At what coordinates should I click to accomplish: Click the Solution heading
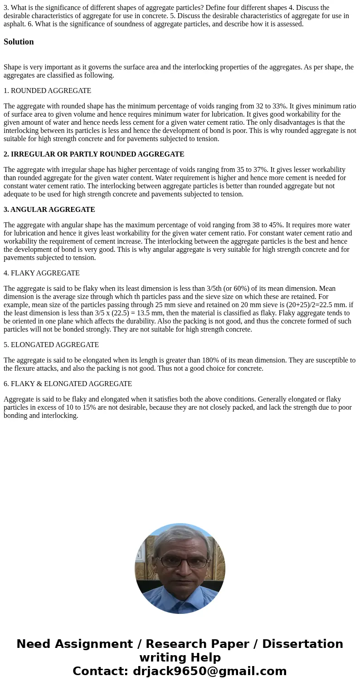pyautogui.click(x=19, y=42)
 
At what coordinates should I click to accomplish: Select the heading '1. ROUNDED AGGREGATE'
pyautogui.click(x=47, y=91)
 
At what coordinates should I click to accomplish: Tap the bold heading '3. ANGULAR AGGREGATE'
pyautogui.click(x=49, y=210)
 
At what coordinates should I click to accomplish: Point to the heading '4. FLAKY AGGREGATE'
pyautogui.click(x=42, y=273)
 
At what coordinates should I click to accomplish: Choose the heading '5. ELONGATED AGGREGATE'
pyautogui.click(x=51, y=345)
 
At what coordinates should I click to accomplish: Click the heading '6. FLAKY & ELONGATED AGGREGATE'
pyautogui.click(x=68, y=384)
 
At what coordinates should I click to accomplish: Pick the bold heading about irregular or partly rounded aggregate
pyautogui.click(x=94, y=154)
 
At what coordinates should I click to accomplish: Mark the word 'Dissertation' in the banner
pyautogui.click(x=302, y=644)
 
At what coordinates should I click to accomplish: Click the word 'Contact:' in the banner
pyautogui.click(x=101, y=671)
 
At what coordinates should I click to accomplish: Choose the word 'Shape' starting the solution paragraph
pyautogui.click(x=13, y=67)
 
